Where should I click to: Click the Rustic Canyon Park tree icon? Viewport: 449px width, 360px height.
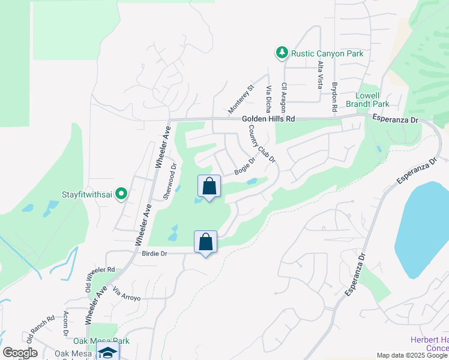tap(282, 53)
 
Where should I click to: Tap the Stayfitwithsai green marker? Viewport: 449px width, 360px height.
tap(121, 194)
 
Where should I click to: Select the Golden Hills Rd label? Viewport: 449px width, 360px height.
tap(269, 119)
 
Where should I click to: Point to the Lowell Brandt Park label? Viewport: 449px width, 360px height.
tap(368, 100)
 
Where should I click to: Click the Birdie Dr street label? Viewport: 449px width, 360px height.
tap(154, 254)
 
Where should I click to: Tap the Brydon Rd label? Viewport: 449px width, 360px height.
tap(334, 95)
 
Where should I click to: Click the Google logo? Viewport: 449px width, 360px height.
tap(20, 353)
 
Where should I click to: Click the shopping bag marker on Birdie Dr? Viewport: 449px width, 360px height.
tap(205, 242)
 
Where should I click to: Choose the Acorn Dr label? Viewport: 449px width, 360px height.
tap(65, 324)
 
